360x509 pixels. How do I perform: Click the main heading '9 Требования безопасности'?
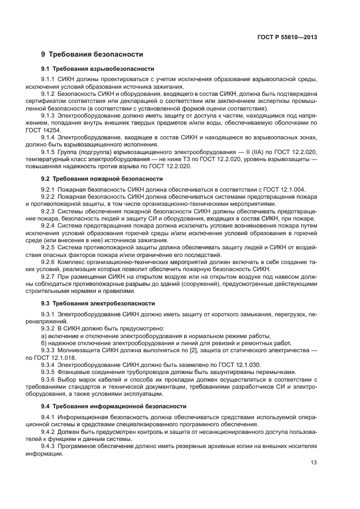(92, 54)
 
